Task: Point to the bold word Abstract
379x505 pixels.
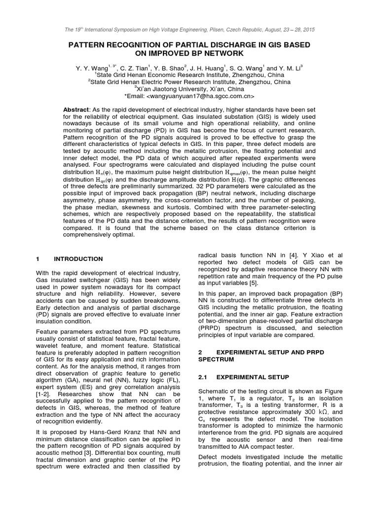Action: [76, 108]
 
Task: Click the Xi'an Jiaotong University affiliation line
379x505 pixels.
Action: [189, 89]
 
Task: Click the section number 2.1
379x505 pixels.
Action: [204, 377]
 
